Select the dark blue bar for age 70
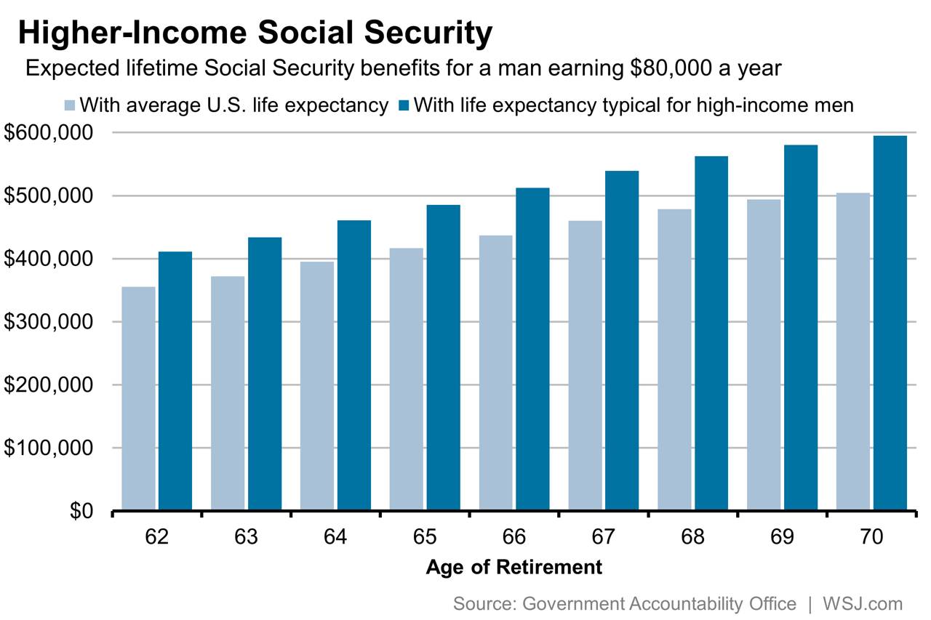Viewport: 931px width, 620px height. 890,323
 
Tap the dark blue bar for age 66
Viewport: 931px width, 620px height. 532,349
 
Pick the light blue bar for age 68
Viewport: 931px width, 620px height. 674,359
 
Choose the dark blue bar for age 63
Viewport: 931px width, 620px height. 265,374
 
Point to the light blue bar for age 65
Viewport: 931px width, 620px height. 406,379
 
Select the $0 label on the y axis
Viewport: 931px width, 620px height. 81,511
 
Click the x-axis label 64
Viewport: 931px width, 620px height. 335,537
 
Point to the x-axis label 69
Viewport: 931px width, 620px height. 783,537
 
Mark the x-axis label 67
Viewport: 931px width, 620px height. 604,537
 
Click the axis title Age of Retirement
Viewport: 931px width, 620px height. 514,567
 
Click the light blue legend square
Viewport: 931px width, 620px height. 70,105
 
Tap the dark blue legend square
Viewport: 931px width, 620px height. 405,105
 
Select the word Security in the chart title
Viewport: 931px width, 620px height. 422,33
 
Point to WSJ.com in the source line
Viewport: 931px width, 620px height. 862,603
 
